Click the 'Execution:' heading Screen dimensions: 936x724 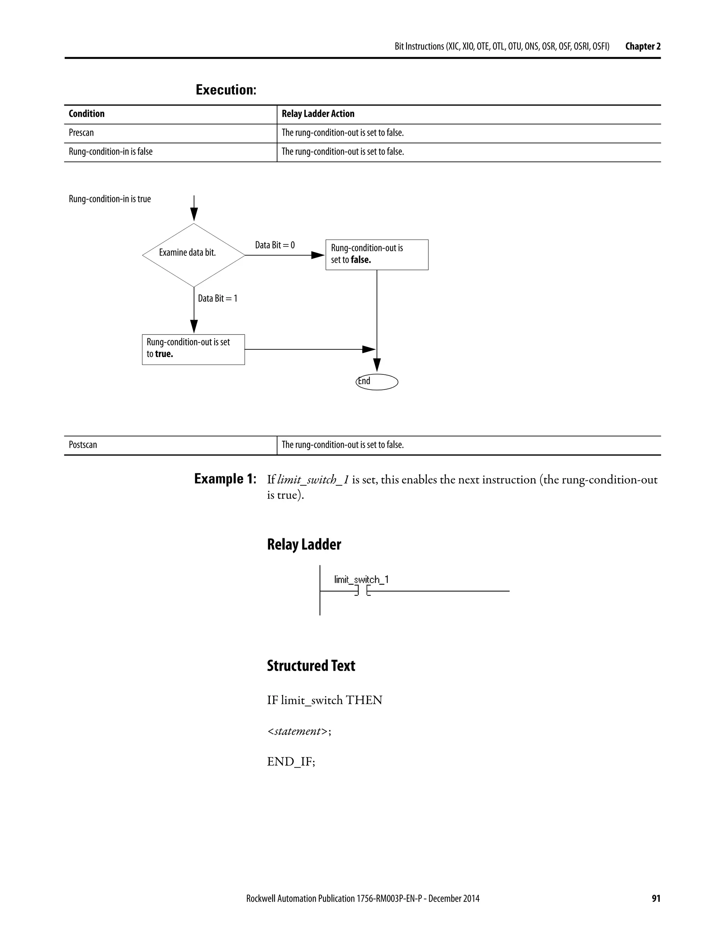pyautogui.click(x=226, y=90)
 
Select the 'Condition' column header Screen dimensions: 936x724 pyautogui.click(x=87, y=114)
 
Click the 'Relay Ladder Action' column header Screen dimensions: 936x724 pyautogui.click(x=318, y=114)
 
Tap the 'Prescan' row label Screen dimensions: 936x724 pyautogui.click(x=81, y=132)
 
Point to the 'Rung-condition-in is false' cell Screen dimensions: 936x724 pyautogui.click(x=111, y=151)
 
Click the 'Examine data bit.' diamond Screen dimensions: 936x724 pyautogui.click(x=193, y=255)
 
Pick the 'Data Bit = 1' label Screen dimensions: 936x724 pyautogui.click(x=217, y=298)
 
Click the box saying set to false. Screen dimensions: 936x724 pyautogui.click(x=376, y=255)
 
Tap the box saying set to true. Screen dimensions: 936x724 pyautogui.click(x=193, y=349)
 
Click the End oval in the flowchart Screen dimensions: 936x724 pyautogui.click(x=377, y=381)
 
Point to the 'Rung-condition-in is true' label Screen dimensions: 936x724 pyautogui.click(x=110, y=199)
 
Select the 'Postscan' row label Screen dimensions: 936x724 pyautogui.click(x=83, y=444)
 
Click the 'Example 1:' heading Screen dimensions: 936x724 pyautogui.click(x=225, y=478)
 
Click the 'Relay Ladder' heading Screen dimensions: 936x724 pyautogui.click(x=304, y=544)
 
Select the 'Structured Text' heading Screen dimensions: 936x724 pyautogui.click(x=311, y=665)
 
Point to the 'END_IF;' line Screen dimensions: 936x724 pyautogui.click(x=291, y=762)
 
